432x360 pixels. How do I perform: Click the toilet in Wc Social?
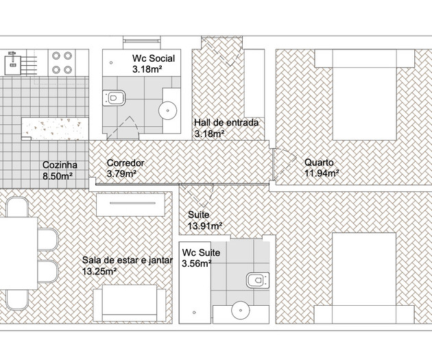[114, 98]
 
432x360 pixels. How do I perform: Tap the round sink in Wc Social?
[168, 110]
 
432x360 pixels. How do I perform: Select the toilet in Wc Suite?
[258, 280]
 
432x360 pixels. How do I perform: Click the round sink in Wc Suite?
[241, 310]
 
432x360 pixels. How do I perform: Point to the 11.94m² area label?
[322, 173]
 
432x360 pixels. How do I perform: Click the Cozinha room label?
[60, 165]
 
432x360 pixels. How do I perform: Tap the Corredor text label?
[125, 163]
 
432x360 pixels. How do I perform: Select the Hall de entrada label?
[226, 123]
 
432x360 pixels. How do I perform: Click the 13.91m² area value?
[205, 226]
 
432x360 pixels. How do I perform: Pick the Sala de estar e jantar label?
[128, 260]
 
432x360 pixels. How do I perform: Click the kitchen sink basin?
[12, 65]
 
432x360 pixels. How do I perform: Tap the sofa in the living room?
[130, 303]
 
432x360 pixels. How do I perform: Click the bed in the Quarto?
[365, 95]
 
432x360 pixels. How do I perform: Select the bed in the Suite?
[364, 278]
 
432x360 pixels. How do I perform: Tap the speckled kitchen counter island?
[55, 129]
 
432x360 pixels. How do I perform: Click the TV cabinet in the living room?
[130, 204]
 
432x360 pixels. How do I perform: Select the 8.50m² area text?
[58, 176]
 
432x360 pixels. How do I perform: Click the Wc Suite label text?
[201, 252]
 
